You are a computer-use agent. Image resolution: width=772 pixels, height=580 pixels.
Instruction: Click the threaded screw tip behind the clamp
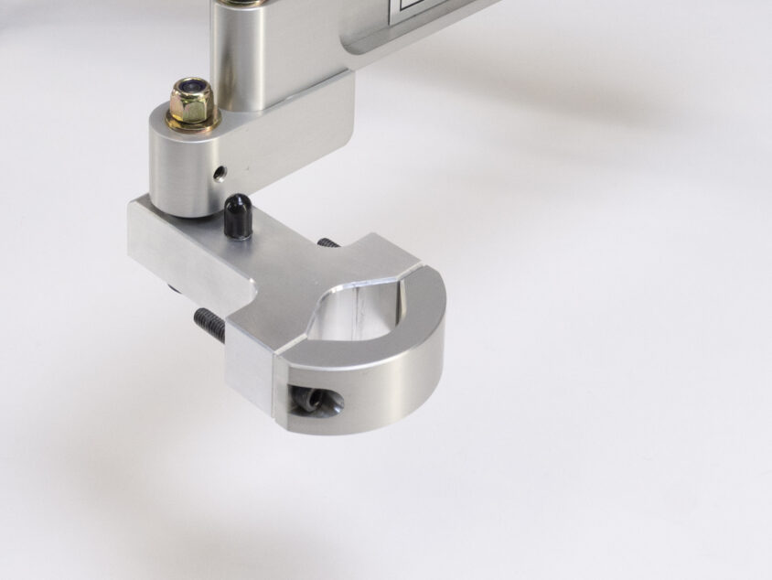(x=328, y=242)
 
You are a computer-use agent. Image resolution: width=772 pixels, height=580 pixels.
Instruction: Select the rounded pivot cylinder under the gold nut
(x=183, y=169)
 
